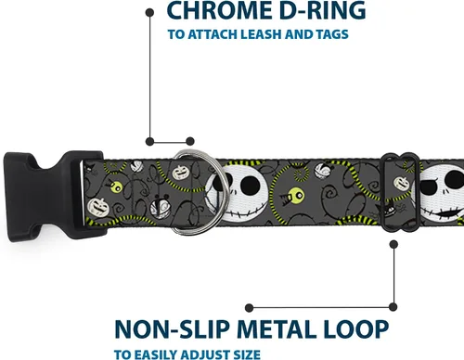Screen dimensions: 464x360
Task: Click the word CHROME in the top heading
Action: pyautogui.click(x=218, y=10)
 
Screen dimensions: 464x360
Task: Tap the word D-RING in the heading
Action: pyautogui.click(x=322, y=10)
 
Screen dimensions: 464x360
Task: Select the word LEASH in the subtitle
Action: pyautogui.click(x=261, y=34)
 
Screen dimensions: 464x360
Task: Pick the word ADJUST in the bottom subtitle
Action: pyautogui.click(x=202, y=354)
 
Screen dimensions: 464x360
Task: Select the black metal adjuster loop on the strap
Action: pyautogui.click(x=383, y=192)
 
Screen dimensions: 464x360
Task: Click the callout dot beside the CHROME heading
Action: pyautogui.click(x=149, y=13)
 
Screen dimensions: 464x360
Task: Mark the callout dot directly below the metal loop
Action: pyautogui.click(x=393, y=245)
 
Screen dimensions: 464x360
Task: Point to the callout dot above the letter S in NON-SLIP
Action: pyautogui.click(x=249, y=308)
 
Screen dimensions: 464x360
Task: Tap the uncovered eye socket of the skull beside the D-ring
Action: pyautogui.click(x=250, y=185)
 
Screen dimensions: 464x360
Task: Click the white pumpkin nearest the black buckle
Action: pyautogui.click(x=98, y=208)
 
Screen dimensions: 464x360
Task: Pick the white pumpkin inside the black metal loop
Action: pyautogui.click(x=402, y=184)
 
